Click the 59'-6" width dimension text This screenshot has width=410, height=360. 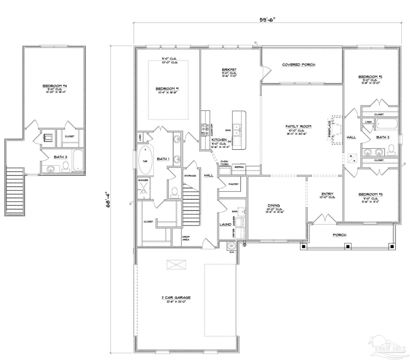coord(267,19)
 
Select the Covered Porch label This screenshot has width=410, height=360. coord(299,65)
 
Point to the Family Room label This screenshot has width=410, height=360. coord(298,126)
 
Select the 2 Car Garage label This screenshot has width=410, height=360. coord(176,298)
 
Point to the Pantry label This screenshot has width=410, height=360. coord(234,184)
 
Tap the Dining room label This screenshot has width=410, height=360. coord(274,205)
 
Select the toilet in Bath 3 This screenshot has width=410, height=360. coord(66,166)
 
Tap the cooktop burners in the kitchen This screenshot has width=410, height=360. coord(204,130)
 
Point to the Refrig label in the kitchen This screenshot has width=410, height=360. coord(239,167)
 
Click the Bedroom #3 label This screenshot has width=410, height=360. coord(370,194)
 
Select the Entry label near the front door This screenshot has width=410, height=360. coord(327,194)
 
